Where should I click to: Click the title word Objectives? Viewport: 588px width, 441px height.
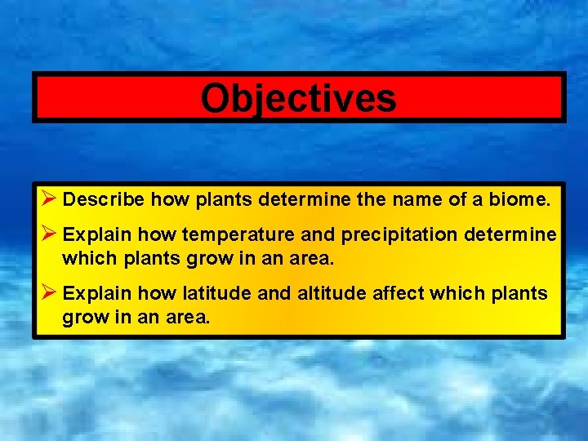pyautogui.click(x=298, y=99)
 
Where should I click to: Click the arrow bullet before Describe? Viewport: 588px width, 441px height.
pyautogui.click(x=47, y=198)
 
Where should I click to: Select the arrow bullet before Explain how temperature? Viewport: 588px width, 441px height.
pyautogui.click(x=47, y=234)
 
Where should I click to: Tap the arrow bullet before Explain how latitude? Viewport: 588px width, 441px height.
pyautogui.click(x=47, y=292)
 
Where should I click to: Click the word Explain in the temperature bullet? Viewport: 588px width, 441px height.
pyautogui.click(x=96, y=236)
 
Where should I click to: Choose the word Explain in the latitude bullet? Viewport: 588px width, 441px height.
pyautogui.click(x=96, y=294)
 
